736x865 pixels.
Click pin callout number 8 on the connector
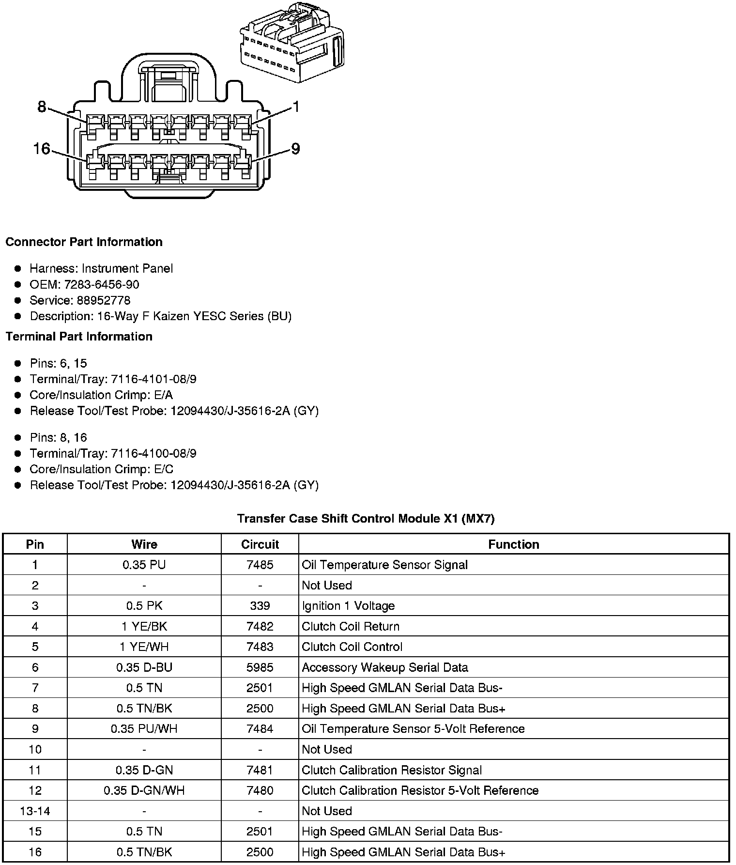[42, 107]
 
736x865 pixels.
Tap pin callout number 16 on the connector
[42, 149]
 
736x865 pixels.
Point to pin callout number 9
[295, 149]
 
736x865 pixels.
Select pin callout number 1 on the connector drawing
[295, 107]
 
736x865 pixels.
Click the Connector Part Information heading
[84, 242]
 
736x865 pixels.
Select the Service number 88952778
[103, 300]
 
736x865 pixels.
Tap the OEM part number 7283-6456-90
[102, 284]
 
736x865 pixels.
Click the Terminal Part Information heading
[79, 336]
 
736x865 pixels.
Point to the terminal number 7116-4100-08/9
[153, 453]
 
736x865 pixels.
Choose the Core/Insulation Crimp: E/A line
[101, 395]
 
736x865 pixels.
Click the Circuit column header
[260, 544]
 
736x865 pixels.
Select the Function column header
[513, 544]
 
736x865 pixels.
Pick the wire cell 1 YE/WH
[144, 647]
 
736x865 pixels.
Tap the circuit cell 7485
[260, 565]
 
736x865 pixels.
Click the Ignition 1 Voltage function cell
[348, 606]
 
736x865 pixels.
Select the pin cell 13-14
[35, 811]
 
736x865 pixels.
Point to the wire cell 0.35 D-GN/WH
[144, 790]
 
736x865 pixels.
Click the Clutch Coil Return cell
[351, 626]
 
